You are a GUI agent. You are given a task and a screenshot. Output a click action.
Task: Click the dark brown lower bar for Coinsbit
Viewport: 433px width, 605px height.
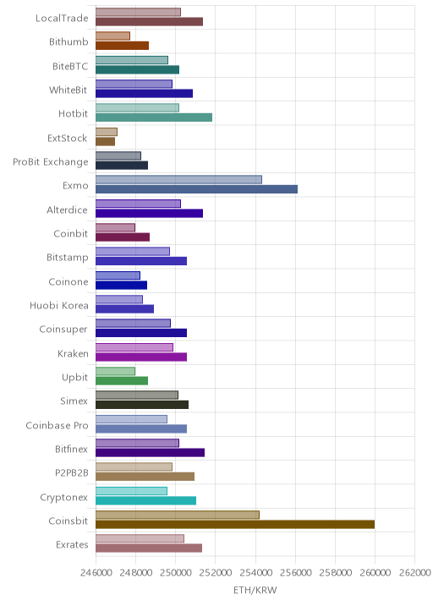coord(235,525)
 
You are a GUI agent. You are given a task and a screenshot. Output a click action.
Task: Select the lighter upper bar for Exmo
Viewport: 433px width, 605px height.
coord(178,179)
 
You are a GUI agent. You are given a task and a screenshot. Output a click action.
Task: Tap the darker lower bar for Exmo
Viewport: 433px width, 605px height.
coord(196,189)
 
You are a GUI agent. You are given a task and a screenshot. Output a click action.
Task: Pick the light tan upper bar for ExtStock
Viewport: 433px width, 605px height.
coord(107,132)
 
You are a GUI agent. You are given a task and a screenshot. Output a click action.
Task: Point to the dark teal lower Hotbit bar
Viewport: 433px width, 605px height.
coord(154,117)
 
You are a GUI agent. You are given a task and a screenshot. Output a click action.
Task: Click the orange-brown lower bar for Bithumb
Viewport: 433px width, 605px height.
coord(122,46)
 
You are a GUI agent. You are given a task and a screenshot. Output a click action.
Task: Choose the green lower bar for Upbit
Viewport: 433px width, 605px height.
coord(122,381)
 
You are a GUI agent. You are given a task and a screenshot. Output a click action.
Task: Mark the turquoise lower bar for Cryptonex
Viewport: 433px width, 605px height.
coord(146,500)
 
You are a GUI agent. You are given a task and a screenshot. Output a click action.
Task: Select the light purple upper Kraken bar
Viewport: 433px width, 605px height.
coord(134,347)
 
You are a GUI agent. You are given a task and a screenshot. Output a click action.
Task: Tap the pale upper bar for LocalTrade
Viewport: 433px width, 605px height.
coord(139,12)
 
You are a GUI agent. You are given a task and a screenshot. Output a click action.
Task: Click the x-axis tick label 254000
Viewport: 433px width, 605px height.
coord(255,572)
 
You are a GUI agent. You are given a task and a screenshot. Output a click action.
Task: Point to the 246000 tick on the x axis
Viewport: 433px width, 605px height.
coord(96,572)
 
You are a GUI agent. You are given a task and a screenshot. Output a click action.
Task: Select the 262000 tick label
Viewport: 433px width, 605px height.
coord(414,572)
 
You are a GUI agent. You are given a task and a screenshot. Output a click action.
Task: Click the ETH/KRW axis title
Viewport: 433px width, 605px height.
coord(255,590)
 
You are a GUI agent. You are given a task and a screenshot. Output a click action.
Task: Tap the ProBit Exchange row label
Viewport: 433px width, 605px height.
coord(51,161)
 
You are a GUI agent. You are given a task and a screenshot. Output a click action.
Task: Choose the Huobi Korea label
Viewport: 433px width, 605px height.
coord(59,306)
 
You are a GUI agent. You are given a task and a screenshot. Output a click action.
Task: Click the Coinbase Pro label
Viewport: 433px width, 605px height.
coord(58,425)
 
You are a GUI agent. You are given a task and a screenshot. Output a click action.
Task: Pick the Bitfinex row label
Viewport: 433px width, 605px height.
coord(71,450)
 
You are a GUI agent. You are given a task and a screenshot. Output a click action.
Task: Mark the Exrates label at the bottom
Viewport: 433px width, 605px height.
coord(72,545)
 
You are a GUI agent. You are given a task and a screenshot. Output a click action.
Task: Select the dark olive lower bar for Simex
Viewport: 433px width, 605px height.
coord(142,405)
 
